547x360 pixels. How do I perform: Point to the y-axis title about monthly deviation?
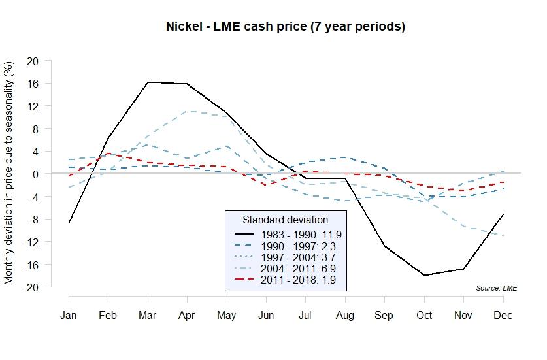[8, 173]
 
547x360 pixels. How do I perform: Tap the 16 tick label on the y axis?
[32, 84]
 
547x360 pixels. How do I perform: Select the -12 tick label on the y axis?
[30, 242]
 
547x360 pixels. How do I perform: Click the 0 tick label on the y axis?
[35, 174]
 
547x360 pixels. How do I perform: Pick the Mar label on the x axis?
[147, 315]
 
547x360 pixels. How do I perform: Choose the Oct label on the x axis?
[424, 315]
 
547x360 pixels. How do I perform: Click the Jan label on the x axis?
[69, 315]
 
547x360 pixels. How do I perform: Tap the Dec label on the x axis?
[503, 315]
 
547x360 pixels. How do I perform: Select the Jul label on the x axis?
[305, 315]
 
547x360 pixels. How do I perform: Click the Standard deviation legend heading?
[285, 220]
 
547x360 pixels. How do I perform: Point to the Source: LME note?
[497, 287]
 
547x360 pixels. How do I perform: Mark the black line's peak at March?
[148, 82]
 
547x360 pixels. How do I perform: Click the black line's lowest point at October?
[424, 275]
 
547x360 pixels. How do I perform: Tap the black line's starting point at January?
[69, 223]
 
